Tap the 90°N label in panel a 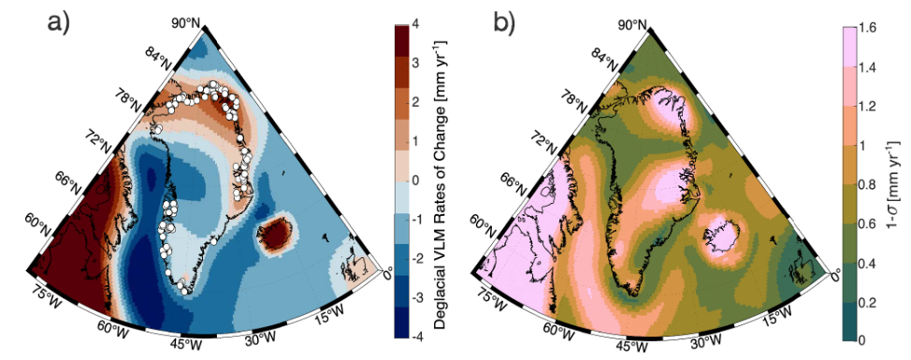[x=197, y=21]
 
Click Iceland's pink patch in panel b [x=721, y=230]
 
